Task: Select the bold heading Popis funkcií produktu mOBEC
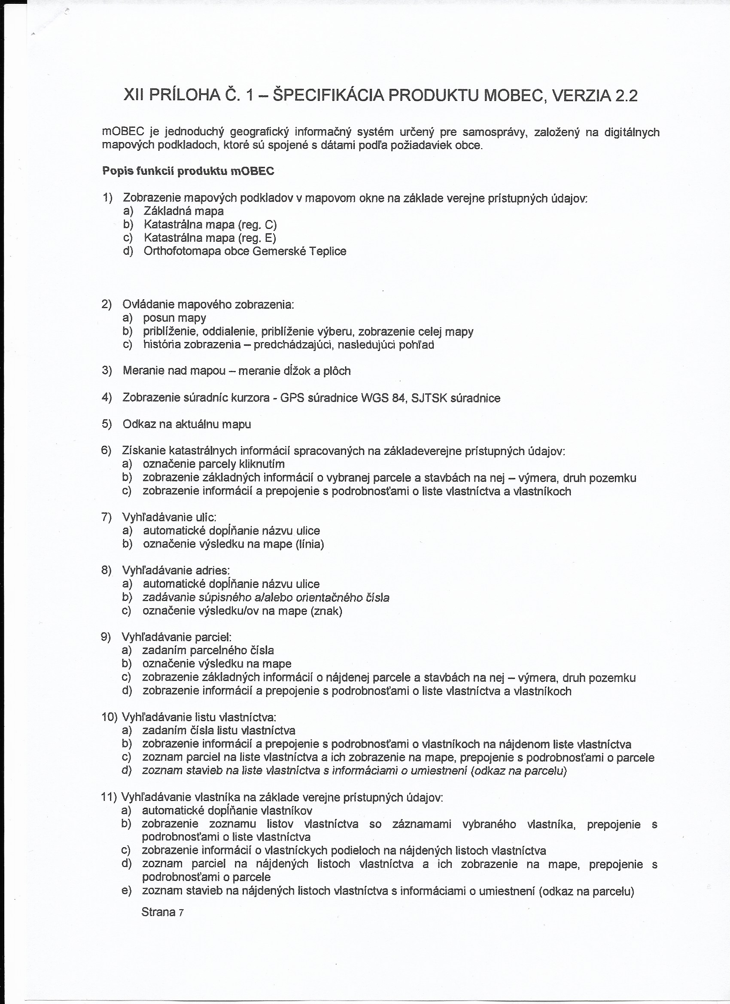pyautogui.click(x=188, y=171)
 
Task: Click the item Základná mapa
pyautogui.click(x=184, y=211)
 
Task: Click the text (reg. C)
pyautogui.click(x=257, y=225)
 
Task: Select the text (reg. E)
pyautogui.click(x=257, y=238)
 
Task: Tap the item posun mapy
pyautogui.click(x=174, y=318)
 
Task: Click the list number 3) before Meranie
pyautogui.click(x=106, y=371)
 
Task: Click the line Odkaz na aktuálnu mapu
pyautogui.click(x=187, y=424)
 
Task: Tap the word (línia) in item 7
pyautogui.click(x=310, y=544)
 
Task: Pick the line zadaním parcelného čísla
pyautogui.click(x=208, y=650)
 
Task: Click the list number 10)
pyautogui.click(x=109, y=717)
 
